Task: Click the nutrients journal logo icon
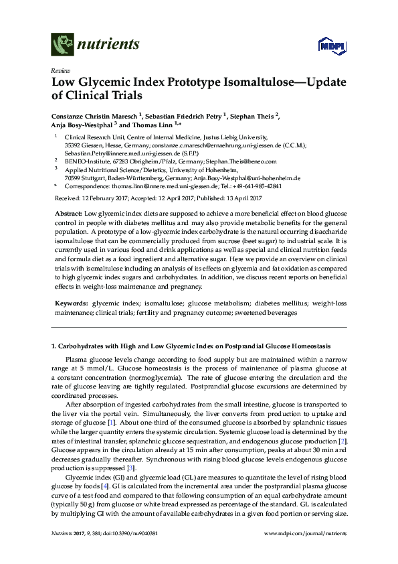click(x=62, y=45)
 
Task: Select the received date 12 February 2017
click(x=108, y=199)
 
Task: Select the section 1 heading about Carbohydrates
click(x=191, y=346)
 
